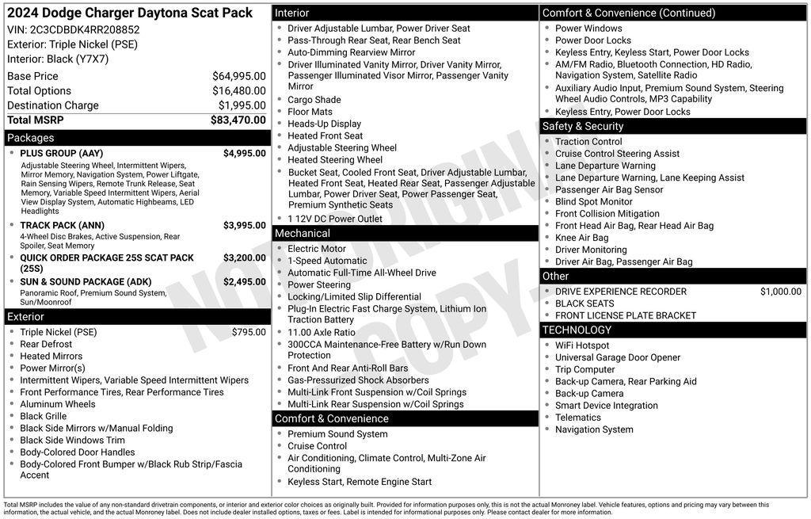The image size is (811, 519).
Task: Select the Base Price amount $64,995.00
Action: tap(238, 76)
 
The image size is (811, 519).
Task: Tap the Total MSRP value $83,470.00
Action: tap(238, 120)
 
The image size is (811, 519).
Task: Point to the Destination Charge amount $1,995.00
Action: tap(242, 105)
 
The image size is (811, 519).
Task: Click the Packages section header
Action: tap(31, 138)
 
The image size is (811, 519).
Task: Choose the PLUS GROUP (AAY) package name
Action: tap(61, 154)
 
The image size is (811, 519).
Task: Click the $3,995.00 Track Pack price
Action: tap(244, 226)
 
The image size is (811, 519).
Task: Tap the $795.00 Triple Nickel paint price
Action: tap(249, 332)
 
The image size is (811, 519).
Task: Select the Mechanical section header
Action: tap(302, 234)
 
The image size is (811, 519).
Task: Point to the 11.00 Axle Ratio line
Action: tap(322, 333)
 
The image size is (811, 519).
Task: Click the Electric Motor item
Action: tap(317, 249)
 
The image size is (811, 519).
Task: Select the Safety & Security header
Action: tap(582, 126)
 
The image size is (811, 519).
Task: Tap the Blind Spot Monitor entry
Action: tap(594, 202)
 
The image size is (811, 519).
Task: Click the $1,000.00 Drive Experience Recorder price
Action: tap(780, 292)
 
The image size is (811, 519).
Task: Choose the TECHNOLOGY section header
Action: tap(577, 330)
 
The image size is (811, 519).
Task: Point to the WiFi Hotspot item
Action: tap(582, 345)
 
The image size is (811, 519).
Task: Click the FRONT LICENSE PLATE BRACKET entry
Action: tap(626, 315)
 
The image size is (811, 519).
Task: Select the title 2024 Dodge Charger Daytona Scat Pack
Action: tap(130, 13)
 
